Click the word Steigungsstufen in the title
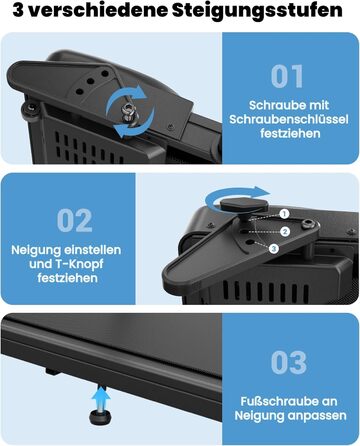(x=257, y=11)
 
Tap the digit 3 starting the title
(x=18, y=10)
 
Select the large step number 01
(x=287, y=77)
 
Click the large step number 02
(x=74, y=221)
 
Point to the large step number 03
(x=289, y=362)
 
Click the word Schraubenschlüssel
(x=289, y=119)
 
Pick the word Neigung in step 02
(x=35, y=250)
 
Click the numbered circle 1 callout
(x=284, y=214)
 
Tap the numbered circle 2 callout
(x=284, y=231)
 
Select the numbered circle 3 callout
(x=274, y=248)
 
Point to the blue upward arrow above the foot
(x=101, y=397)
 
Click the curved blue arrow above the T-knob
(x=237, y=196)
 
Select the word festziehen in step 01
(x=290, y=134)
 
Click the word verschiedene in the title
(x=98, y=10)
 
